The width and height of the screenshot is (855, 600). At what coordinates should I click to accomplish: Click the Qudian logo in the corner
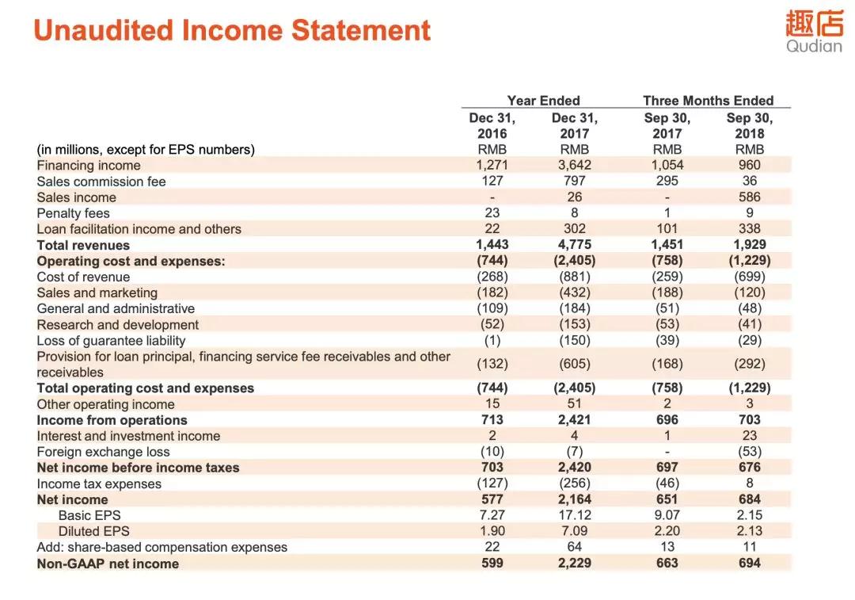tap(813, 32)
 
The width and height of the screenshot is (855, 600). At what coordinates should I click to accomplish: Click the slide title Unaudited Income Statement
tap(232, 31)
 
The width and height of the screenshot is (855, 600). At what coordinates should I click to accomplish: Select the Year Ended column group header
tap(543, 101)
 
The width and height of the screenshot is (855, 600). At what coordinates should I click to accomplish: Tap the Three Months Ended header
tap(708, 101)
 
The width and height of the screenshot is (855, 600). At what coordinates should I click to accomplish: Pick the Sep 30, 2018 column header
tap(749, 125)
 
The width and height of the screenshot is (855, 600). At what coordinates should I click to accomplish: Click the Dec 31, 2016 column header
tap(492, 125)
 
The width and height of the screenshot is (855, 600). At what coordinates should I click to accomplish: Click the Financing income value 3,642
tap(574, 165)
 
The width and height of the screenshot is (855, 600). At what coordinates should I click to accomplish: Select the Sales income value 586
tap(749, 197)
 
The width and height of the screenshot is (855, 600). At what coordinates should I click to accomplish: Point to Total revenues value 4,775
tap(574, 244)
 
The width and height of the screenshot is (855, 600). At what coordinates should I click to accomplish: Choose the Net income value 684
tap(749, 499)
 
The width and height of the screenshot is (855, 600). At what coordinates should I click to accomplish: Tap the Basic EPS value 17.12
tap(574, 515)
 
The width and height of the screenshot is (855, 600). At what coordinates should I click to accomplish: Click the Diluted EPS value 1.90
tap(492, 531)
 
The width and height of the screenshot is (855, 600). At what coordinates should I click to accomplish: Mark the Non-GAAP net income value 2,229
tap(574, 563)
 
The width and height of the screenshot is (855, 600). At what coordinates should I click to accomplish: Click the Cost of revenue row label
tap(83, 277)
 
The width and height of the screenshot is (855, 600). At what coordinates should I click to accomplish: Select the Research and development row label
tap(117, 324)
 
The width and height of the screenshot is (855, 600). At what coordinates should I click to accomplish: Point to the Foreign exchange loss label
tap(103, 452)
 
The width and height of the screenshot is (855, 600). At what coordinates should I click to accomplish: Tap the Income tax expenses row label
tap(99, 483)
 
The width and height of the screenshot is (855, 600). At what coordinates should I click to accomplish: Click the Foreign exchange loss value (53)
tap(749, 452)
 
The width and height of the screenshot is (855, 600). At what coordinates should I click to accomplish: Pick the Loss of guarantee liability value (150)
tap(574, 340)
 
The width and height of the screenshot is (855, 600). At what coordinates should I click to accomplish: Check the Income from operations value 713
tap(492, 420)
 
